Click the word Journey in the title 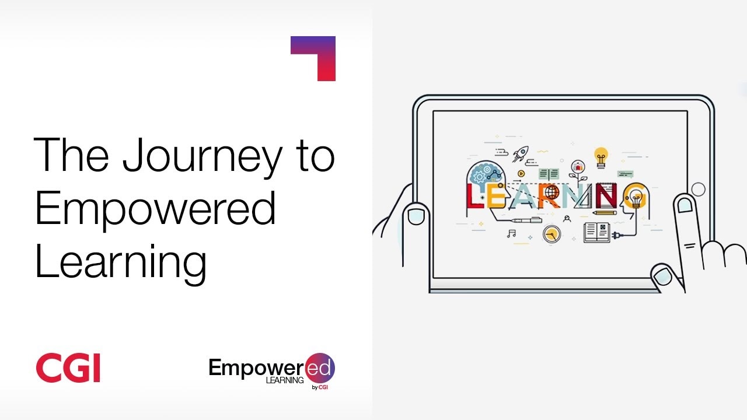click(203, 157)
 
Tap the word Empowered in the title click(155, 211)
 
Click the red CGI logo click(68, 367)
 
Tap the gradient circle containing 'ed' click(320, 368)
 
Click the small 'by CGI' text click(319, 387)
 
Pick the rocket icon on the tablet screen click(520, 154)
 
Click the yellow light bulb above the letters click(601, 157)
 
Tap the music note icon click(511, 234)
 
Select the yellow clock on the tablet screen click(551, 235)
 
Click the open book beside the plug click(597, 232)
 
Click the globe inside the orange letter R click(552, 192)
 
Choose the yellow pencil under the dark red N click(605, 212)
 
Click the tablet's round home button click(699, 190)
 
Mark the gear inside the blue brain click(479, 176)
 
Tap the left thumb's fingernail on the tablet click(416, 216)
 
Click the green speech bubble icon click(625, 174)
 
